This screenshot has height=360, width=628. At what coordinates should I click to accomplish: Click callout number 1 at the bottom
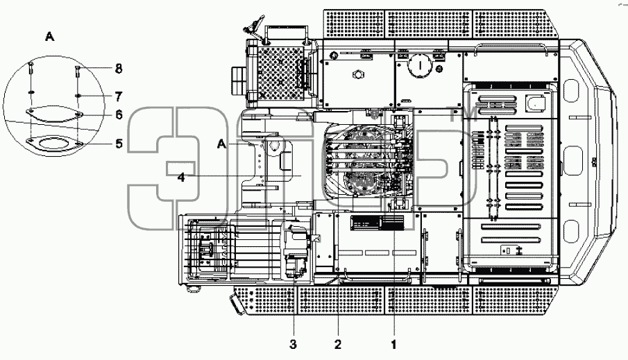click(x=393, y=344)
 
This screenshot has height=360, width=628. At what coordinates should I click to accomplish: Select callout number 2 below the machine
click(x=338, y=344)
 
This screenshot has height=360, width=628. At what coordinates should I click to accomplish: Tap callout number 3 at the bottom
click(x=293, y=344)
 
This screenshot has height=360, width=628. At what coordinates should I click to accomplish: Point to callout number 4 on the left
click(x=181, y=177)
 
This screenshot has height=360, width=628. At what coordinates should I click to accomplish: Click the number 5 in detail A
click(x=119, y=144)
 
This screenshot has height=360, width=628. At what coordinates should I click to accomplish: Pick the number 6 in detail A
click(x=119, y=115)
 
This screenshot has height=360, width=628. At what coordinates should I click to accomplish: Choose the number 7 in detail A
click(x=119, y=96)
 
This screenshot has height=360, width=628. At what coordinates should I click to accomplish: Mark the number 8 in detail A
click(x=119, y=69)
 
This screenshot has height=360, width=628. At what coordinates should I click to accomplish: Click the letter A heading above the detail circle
click(x=50, y=37)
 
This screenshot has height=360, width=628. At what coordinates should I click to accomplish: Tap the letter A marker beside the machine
click(x=222, y=144)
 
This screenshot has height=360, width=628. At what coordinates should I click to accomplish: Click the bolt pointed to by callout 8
click(x=76, y=72)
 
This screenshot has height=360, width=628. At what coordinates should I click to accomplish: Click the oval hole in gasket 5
click(x=54, y=143)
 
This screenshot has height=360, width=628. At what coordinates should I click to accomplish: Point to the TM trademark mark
click(x=463, y=114)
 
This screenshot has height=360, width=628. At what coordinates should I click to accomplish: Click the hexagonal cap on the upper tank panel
click(x=357, y=74)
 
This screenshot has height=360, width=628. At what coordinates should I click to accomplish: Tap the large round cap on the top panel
click(x=419, y=65)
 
